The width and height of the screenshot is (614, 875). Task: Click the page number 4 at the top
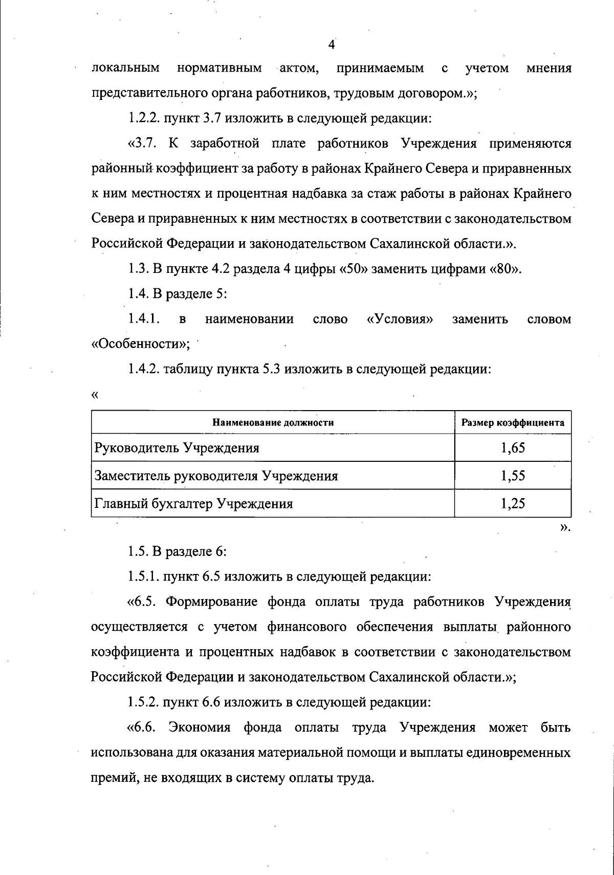[331, 45]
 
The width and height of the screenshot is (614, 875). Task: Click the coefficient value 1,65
[513, 448]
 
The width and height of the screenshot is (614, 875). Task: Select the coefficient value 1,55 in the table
[513, 476]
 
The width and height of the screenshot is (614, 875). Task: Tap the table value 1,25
[513, 503]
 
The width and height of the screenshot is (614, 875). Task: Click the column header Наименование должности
[273, 423]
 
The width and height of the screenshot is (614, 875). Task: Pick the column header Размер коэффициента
[513, 423]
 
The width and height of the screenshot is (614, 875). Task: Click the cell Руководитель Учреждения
[177, 448]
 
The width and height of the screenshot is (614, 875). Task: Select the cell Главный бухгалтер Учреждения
[193, 503]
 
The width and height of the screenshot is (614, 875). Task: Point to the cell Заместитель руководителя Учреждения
[216, 476]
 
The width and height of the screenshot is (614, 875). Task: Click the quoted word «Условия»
[400, 319]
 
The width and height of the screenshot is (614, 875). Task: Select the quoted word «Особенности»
[139, 345]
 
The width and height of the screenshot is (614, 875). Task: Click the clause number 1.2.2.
[143, 119]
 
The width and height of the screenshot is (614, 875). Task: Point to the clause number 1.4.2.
[143, 369]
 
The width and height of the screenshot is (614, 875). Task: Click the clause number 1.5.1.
[143, 577]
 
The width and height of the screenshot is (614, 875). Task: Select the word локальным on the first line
[125, 69]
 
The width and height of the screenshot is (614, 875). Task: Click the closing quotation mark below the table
[564, 527]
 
